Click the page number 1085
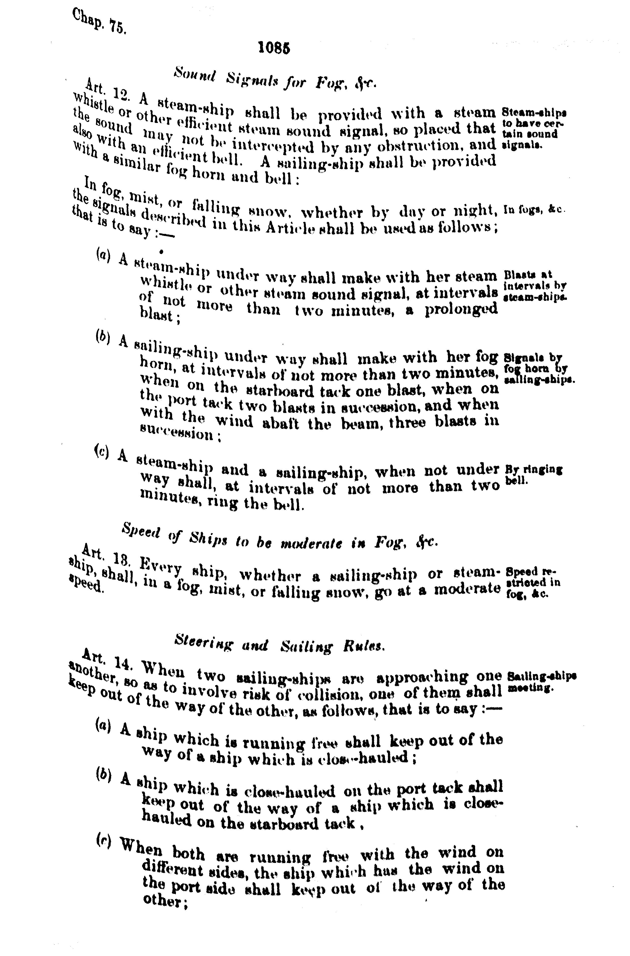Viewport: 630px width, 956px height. [274, 48]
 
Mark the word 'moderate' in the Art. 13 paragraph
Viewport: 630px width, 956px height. [467, 589]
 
